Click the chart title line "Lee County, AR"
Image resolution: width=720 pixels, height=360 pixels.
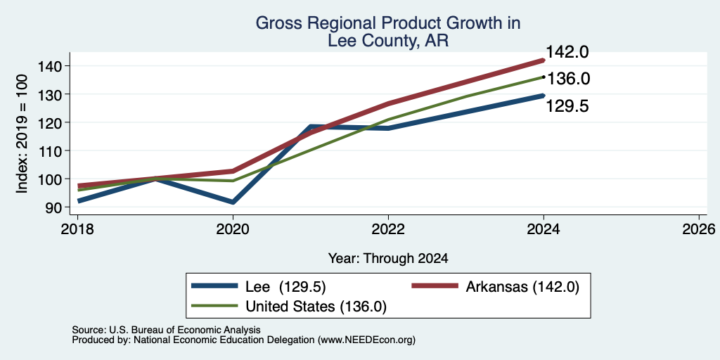tap(388, 41)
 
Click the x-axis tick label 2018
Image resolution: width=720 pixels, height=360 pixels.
tap(77, 229)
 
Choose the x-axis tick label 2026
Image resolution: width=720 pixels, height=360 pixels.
tap(699, 229)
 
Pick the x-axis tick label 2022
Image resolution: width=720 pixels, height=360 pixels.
tap(388, 229)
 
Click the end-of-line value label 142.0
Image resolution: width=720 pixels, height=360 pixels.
tap(567, 52)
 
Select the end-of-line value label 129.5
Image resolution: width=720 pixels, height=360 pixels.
tap(567, 107)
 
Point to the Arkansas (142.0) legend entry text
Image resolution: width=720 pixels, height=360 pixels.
tap(522, 287)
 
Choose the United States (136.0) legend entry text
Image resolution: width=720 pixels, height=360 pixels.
tap(316, 307)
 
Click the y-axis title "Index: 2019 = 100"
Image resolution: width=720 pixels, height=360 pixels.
tap(22, 134)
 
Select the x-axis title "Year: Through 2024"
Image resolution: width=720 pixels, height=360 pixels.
tap(388, 259)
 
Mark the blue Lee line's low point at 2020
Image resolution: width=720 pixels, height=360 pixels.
tap(233, 202)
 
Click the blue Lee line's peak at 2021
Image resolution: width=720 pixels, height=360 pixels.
tap(311, 127)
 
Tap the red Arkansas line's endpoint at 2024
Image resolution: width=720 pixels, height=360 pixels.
tap(544, 60)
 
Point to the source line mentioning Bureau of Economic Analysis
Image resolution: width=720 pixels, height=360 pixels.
tap(166, 330)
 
